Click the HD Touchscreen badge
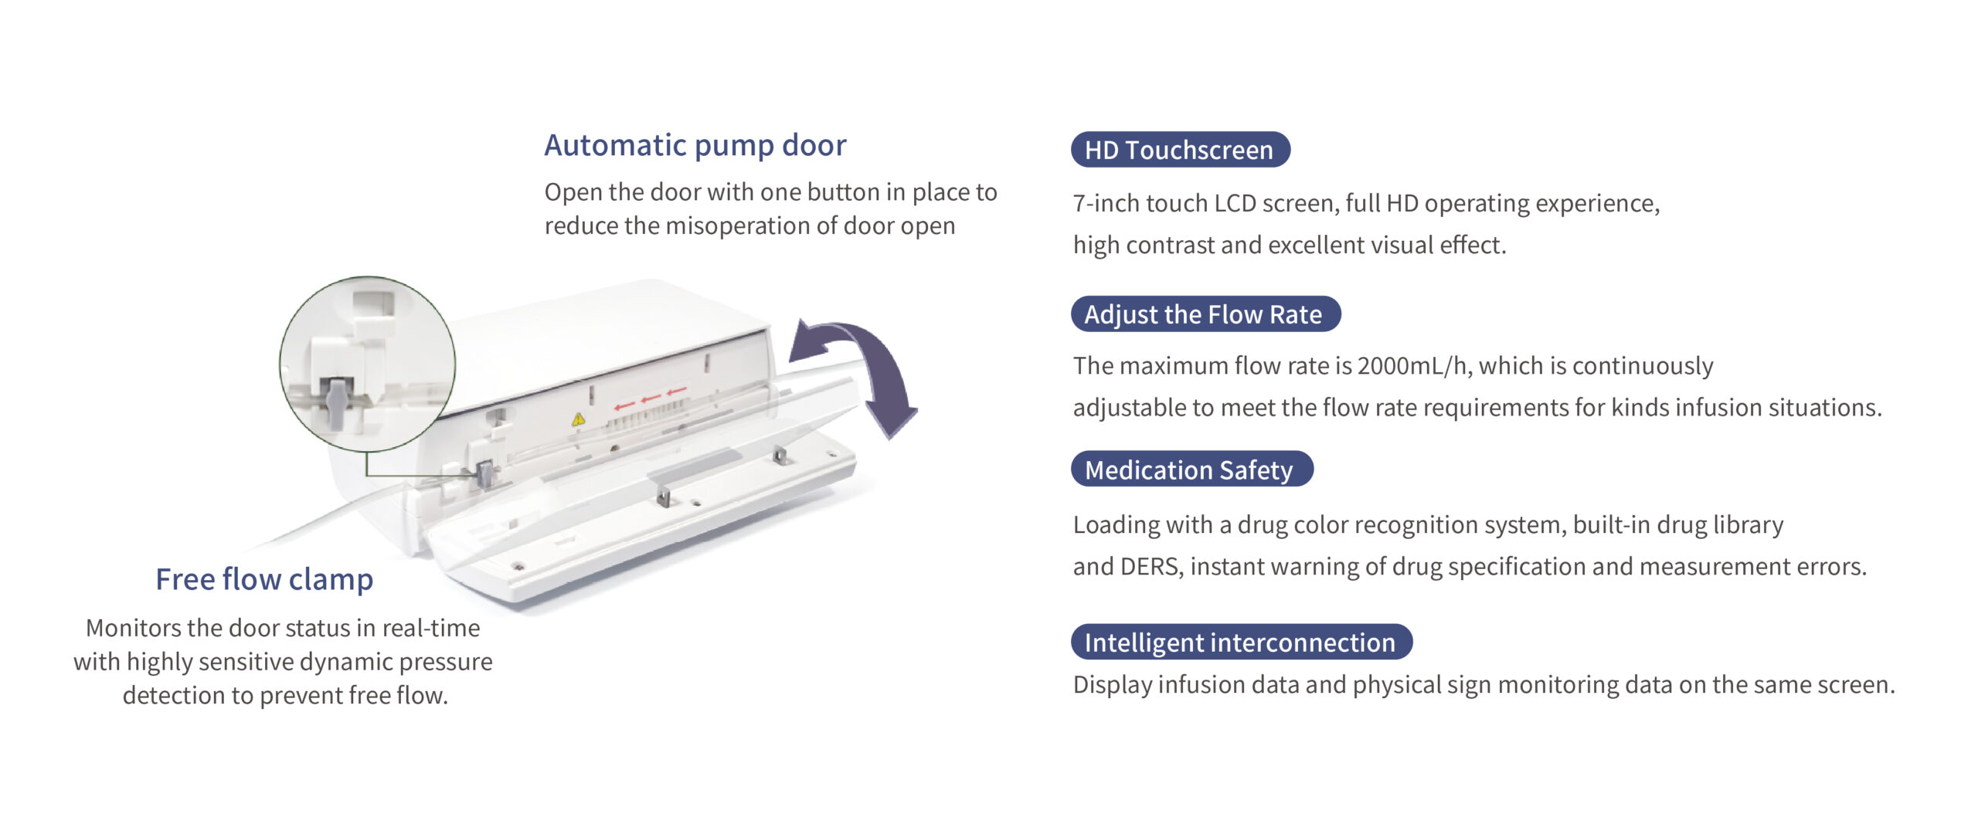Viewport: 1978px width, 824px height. (1180, 150)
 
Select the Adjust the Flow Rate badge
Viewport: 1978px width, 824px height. (1205, 314)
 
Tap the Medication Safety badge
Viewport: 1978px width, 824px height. (1191, 470)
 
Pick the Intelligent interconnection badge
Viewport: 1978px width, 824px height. (1241, 642)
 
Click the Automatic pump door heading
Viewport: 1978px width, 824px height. (695, 145)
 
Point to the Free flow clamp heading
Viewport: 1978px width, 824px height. (264, 579)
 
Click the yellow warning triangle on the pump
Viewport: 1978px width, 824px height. (578, 419)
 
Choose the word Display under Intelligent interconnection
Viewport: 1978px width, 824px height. (1111, 685)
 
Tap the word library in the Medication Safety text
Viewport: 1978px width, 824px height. (1749, 525)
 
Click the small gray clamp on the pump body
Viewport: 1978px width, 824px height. (485, 473)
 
